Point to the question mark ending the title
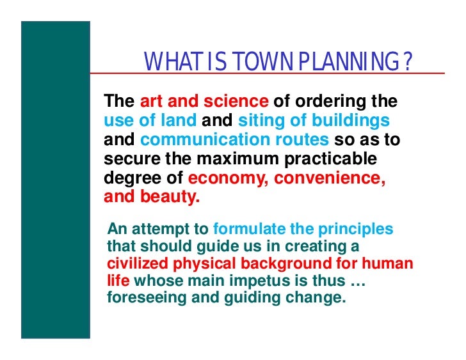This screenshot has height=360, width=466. tap(406, 62)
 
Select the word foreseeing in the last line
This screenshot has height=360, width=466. tap(142, 297)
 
